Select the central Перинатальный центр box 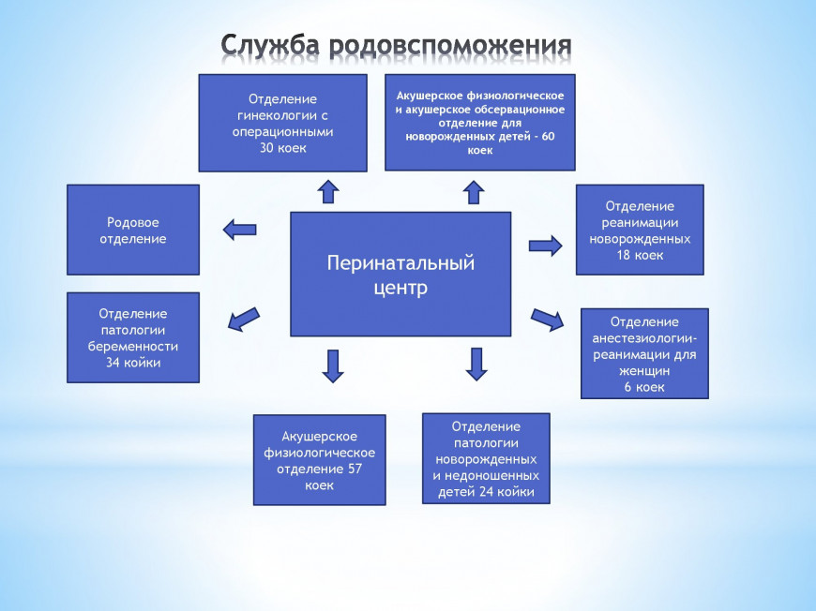pyautogui.click(x=400, y=274)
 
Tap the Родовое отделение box pyautogui.click(x=133, y=230)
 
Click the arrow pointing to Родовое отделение pyautogui.click(x=239, y=229)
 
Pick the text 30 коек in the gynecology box pyautogui.click(x=283, y=147)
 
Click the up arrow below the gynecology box pyautogui.click(x=327, y=191)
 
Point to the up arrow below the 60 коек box pyautogui.click(x=474, y=191)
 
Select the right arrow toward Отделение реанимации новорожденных pyautogui.click(x=545, y=246)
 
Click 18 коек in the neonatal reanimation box pyautogui.click(x=640, y=254)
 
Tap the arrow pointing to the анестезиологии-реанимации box pyautogui.click(x=548, y=320)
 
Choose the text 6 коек pyautogui.click(x=644, y=387)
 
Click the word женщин pyautogui.click(x=644, y=371)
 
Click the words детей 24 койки pyautogui.click(x=486, y=492)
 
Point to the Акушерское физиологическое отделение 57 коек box pyautogui.click(x=319, y=460)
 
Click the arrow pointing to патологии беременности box pyautogui.click(x=245, y=319)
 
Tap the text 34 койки pyautogui.click(x=133, y=363)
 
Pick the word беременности pyautogui.click(x=133, y=346)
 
